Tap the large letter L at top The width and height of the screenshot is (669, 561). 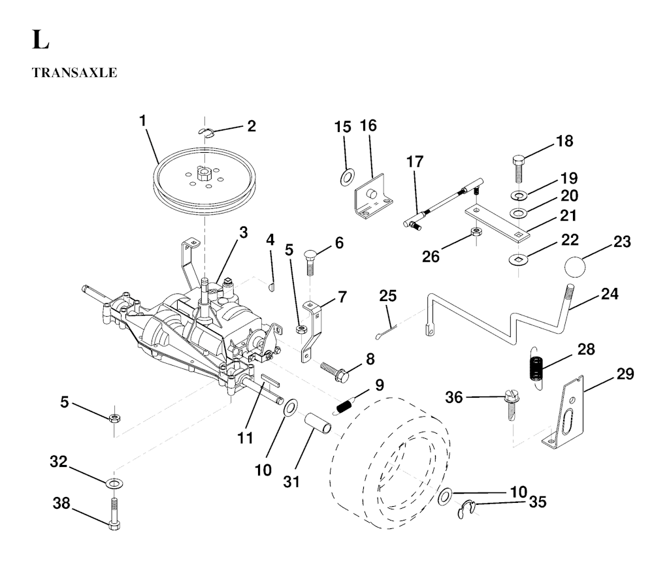click(39, 40)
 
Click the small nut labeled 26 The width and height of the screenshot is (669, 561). click(477, 233)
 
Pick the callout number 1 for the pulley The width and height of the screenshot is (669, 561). click(142, 121)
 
